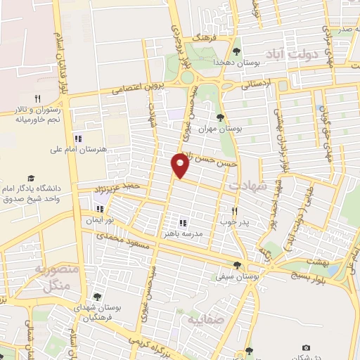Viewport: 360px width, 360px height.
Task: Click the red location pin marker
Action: (x=181, y=165)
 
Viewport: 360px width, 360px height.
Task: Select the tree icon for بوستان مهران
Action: (x=221, y=117)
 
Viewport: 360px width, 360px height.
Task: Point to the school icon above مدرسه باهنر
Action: (x=183, y=223)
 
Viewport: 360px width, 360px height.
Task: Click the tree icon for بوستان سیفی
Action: (x=238, y=265)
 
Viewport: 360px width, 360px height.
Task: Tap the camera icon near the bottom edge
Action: (x=306, y=347)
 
